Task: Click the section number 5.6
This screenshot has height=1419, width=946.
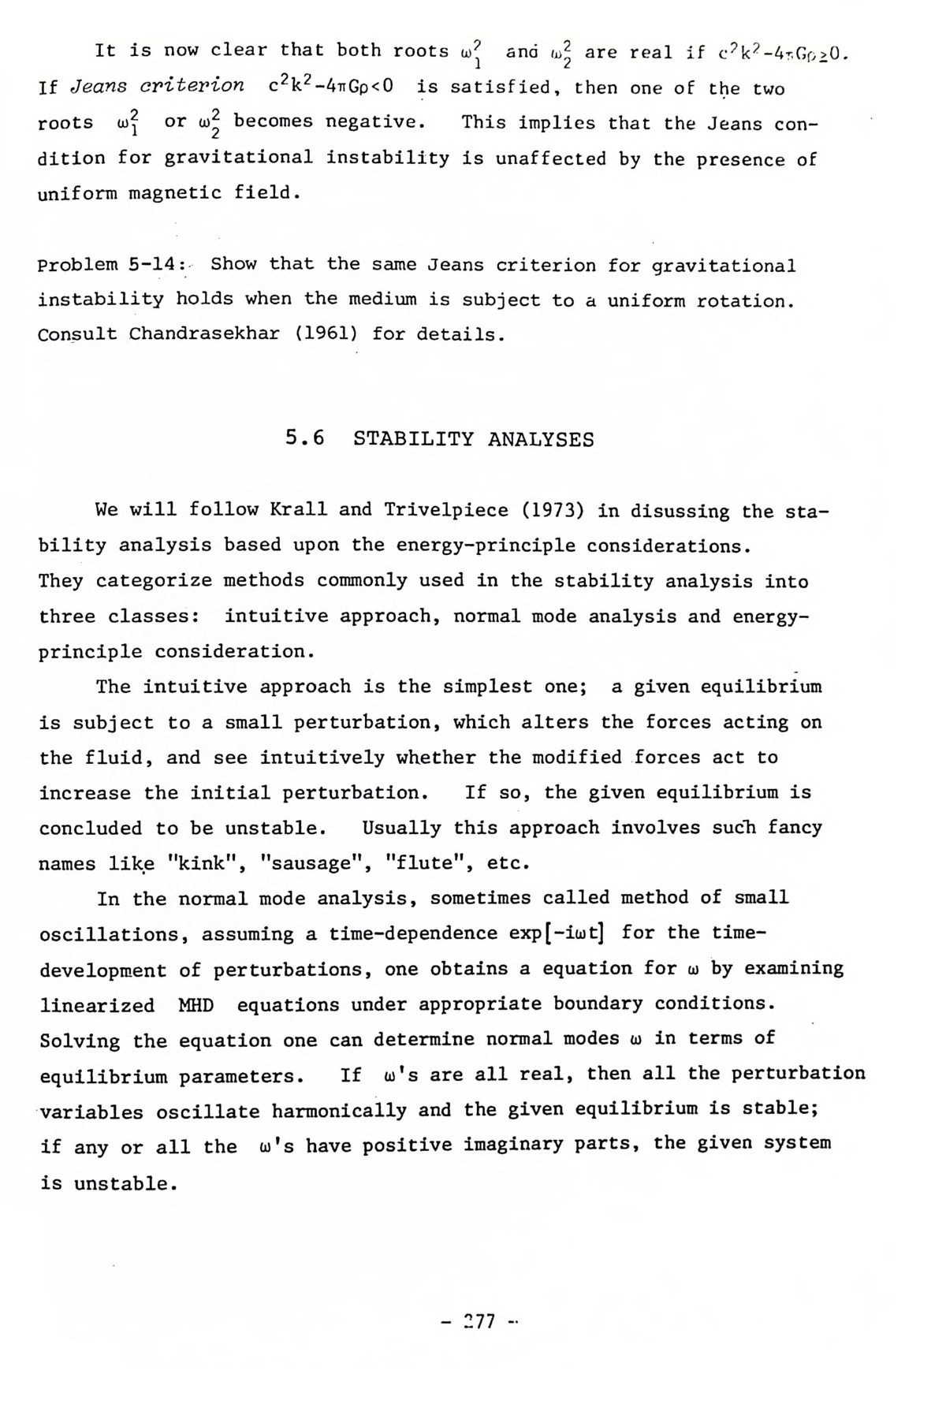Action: point(304,438)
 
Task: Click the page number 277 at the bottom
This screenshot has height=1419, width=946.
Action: point(477,1320)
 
